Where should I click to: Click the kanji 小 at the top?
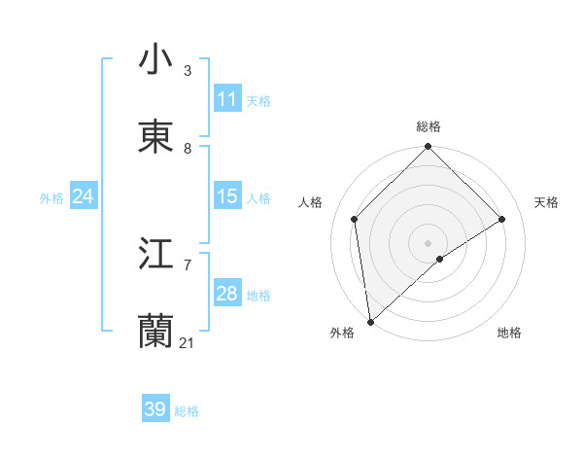(155, 59)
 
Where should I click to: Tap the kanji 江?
(155, 255)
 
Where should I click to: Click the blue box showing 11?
(227, 99)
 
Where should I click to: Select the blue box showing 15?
(227, 196)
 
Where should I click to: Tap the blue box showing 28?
(227, 294)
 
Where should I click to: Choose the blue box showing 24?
(83, 196)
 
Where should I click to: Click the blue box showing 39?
(155, 409)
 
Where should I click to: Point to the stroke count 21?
(188, 343)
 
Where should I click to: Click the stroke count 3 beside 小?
(188, 71)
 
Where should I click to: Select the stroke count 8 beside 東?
(188, 149)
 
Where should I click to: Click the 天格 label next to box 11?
(258, 100)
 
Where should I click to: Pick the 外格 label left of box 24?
(51, 197)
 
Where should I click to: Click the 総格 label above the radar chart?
(429, 126)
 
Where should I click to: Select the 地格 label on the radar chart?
(509, 333)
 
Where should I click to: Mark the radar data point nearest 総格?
(429, 148)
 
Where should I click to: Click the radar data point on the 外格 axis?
(370, 322)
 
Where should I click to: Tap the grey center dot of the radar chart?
(429, 242)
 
